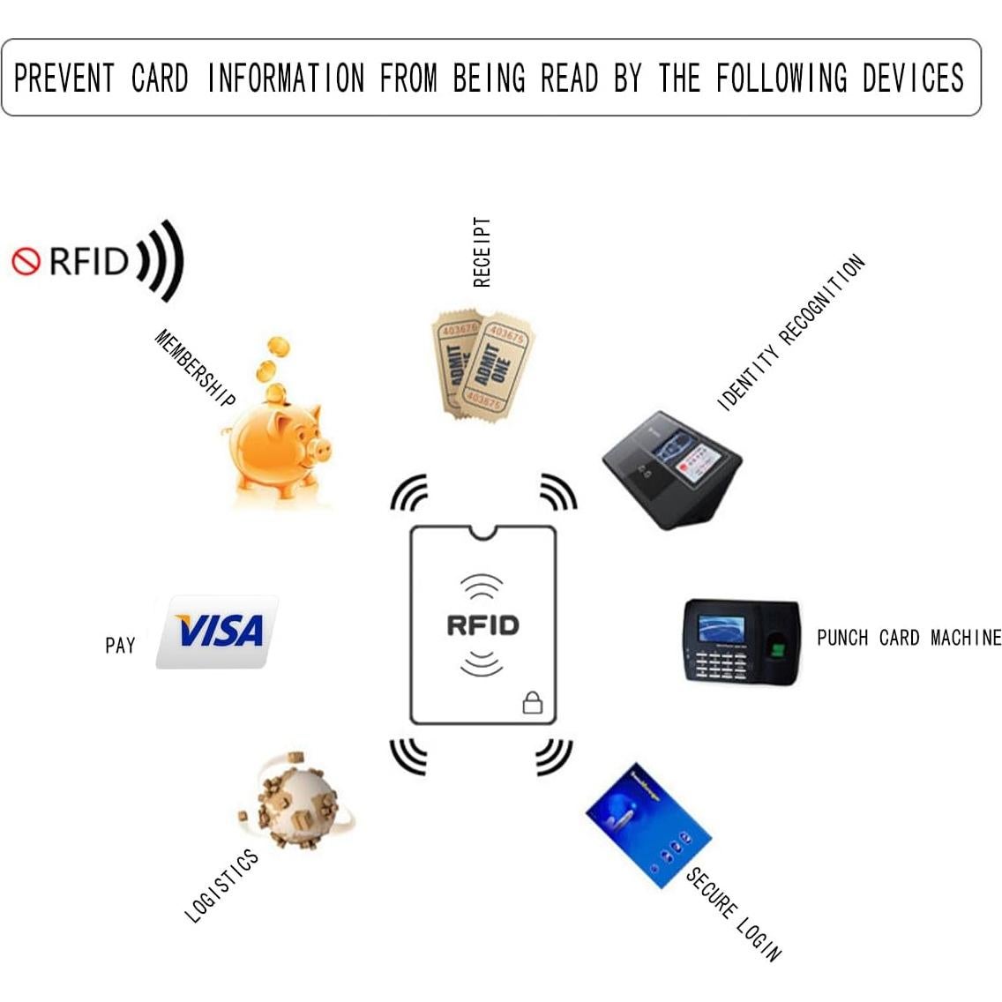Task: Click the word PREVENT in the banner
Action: point(64,78)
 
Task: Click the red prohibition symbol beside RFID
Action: point(26,261)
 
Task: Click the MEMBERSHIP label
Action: point(195,368)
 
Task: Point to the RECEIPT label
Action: point(482,252)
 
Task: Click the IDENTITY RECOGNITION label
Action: point(791,333)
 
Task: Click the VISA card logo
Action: point(218,632)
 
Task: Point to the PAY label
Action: point(120,646)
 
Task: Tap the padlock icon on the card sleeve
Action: point(533,702)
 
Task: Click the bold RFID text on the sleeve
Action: point(482,625)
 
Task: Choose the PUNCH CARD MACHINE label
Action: point(909,638)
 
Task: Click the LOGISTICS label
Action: point(221,886)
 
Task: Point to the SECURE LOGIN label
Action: point(734,914)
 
